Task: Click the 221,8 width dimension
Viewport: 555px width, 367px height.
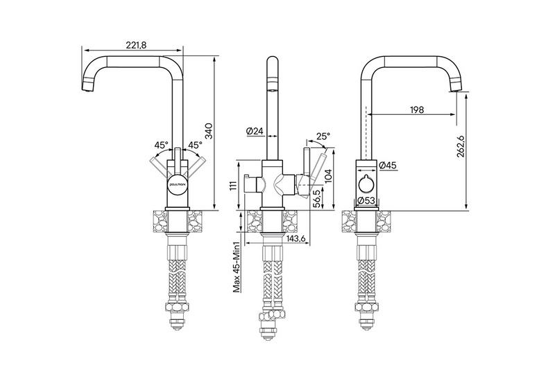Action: pos(137,45)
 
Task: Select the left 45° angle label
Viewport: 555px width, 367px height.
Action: pos(161,145)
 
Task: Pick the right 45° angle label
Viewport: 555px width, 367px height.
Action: pos(195,145)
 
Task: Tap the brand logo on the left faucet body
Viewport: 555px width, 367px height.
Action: pos(178,185)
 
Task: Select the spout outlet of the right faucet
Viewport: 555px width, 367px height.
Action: pos(455,89)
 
